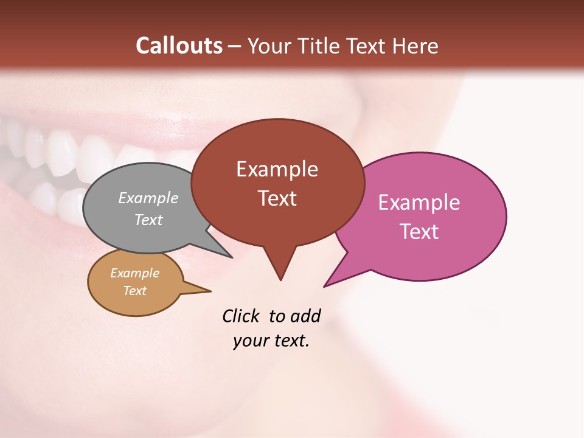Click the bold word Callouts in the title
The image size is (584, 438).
pos(179,46)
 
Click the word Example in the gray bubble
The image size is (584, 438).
pos(148,198)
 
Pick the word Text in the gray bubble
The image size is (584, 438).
pos(148,220)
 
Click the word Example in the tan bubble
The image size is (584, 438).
pos(134,273)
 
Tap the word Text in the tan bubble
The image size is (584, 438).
pos(134,291)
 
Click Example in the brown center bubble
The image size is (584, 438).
pos(277,169)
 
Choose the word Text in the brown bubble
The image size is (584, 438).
pos(277,198)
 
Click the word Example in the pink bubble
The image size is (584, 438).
pos(419,203)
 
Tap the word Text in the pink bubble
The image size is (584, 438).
pos(419,232)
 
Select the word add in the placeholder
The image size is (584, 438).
pos(305,316)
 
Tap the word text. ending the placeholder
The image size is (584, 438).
pos(290,341)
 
